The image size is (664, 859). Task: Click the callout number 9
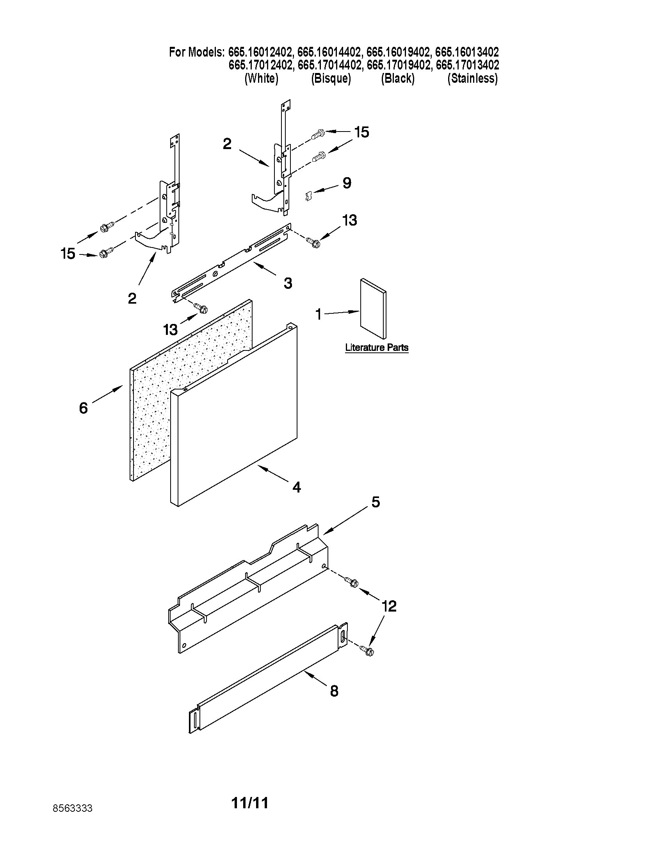pos(346,183)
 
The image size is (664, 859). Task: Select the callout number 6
pos(84,408)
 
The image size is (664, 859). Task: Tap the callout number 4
pos(296,487)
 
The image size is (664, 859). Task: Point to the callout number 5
pos(376,502)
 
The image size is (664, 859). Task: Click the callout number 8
pos(334,691)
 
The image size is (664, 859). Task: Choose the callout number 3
pos(288,283)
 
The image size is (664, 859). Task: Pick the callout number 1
pos(319,314)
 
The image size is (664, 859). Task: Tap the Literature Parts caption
pos(376,348)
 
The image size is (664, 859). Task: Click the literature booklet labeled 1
pos(373,309)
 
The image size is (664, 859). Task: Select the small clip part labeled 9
pos(309,195)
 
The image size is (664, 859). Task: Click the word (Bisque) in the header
pos(331,79)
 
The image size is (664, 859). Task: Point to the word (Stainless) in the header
pos(472,79)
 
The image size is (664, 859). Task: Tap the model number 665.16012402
pos(260,52)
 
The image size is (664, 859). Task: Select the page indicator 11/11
pos(250,803)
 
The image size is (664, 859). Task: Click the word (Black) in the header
pos(398,79)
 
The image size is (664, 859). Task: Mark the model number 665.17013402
pos(467,65)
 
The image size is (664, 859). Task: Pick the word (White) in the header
pos(261,79)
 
